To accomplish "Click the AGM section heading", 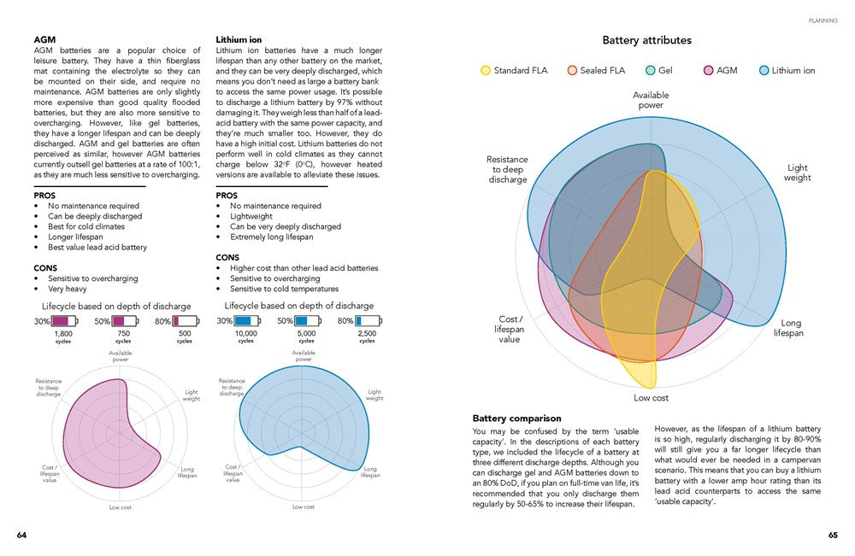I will click(x=45, y=40).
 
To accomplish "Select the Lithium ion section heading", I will click(x=239, y=40).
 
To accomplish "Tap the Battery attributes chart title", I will click(x=646, y=40).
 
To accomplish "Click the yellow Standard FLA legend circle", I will click(x=486, y=70).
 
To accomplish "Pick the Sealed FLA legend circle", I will click(x=572, y=70).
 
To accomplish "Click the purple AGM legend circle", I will click(x=708, y=70).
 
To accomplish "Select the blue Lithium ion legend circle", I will click(x=764, y=70).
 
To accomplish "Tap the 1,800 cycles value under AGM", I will click(x=63, y=334).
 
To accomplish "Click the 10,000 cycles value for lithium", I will click(x=246, y=334).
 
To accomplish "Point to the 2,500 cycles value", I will click(x=367, y=334).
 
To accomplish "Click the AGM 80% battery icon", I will click(x=186, y=321).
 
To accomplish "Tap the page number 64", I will click(x=22, y=536).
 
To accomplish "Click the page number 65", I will click(x=832, y=536).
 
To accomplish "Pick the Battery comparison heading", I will click(x=516, y=418).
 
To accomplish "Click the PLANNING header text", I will click(x=823, y=20).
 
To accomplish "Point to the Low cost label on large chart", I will click(x=651, y=398).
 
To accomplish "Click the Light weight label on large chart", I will click(x=797, y=173).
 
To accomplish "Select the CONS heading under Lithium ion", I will click(x=227, y=257).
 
